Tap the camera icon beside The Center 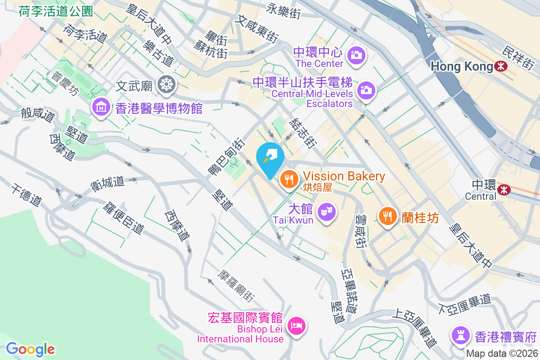[x=356, y=55]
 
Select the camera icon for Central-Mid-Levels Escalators [x=366, y=90]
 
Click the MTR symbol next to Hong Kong [x=500, y=67]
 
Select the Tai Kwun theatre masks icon [x=326, y=210]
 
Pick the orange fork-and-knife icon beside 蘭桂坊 [x=387, y=216]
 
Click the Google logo [x=30, y=349]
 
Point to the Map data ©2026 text [x=502, y=353]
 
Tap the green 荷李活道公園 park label [x=56, y=11]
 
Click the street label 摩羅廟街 [x=236, y=286]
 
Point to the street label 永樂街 [x=283, y=10]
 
